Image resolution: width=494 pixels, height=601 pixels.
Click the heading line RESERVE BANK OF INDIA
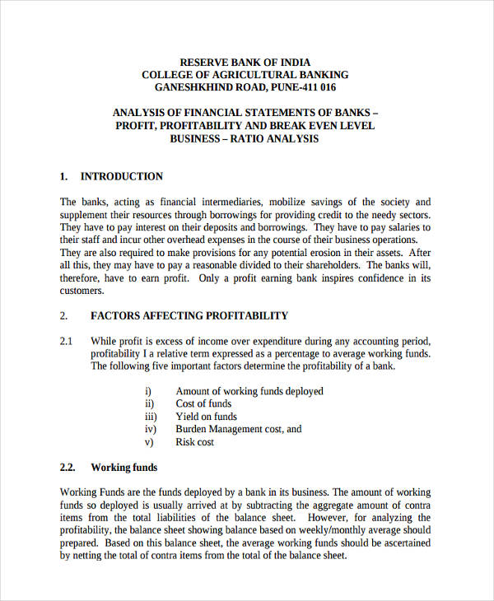pyautogui.click(x=245, y=62)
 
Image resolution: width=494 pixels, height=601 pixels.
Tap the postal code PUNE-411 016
pyautogui.click(x=303, y=87)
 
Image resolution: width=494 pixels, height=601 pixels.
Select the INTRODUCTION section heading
pyautogui.click(x=121, y=176)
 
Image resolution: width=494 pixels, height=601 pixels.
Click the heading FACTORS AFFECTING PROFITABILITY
pyautogui.click(x=189, y=315)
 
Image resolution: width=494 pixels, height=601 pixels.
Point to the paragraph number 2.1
pyautogui.click(x=67, y=341)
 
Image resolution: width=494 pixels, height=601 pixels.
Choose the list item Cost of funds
pyautogui.click(x=203, y=403)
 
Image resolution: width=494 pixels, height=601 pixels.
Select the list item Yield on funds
pyautogui.click(x=206, y=417)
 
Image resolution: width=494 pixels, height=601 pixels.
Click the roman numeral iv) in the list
pyautogui.click(x=150, y=429)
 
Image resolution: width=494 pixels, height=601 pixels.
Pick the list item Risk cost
pyautogui.click(x=195, y=442)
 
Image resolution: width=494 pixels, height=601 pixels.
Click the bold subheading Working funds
pyautogui.click(x=123, y=468)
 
